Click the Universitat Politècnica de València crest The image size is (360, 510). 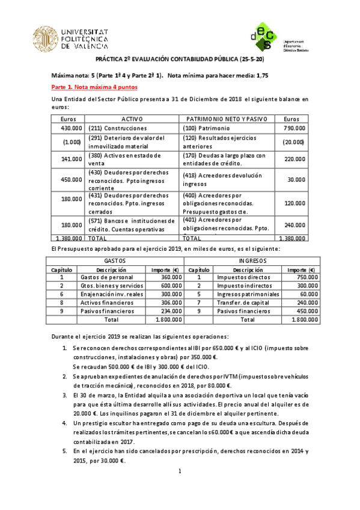click(46, 37)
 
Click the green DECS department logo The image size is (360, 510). click(265, 37)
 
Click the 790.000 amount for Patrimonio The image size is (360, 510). click(294, 129)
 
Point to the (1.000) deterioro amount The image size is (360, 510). click(73, 143)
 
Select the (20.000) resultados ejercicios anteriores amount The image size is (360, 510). click(293, 143)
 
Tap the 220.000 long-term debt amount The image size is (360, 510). click(294, 159)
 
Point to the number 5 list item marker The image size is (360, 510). click(65, 450)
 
